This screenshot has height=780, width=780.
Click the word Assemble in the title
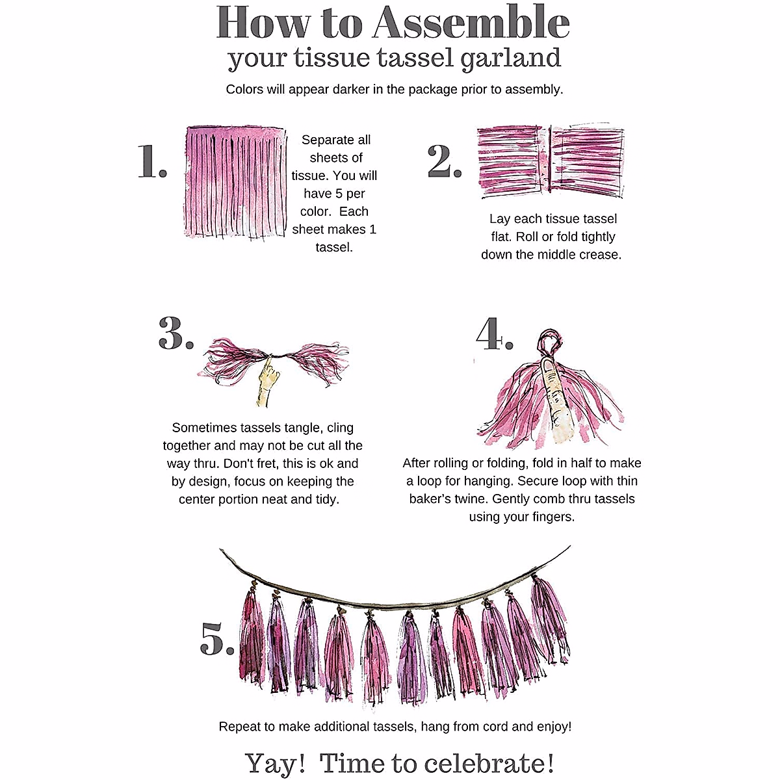[x=471, y=22]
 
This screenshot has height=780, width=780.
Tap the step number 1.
[x=152, y=161]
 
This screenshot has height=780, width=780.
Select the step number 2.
[x=445, y=161]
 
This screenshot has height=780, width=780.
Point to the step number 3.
[x=175, y=333]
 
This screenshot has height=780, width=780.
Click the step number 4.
[x=495, y=333]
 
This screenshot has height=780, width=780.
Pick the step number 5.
[x=217, y=639]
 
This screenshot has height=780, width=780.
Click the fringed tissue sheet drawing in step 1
[x=235, y=182]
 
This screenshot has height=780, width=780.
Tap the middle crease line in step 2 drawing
[x=550, y=159]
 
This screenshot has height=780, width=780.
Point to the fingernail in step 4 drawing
[x=549, y=366]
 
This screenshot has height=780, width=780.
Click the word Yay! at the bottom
[x=275, y=763]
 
